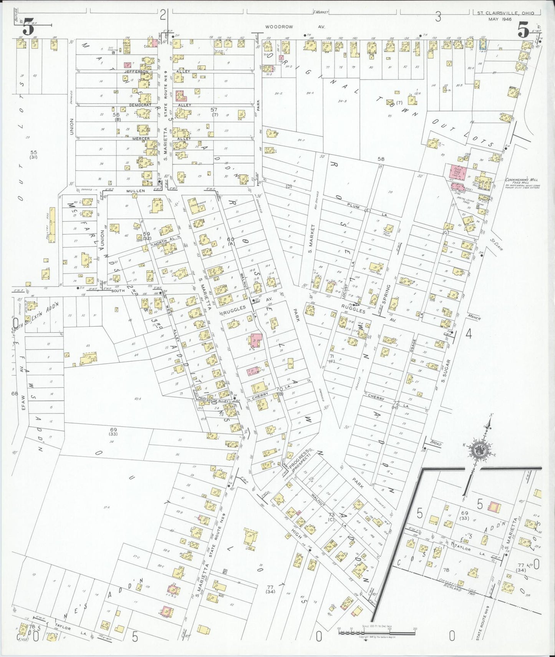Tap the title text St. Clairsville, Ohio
pos(505,13)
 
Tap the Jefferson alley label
pos(136,72)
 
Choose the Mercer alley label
pos(141,138)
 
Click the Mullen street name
pos(136,191)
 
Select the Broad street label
pos(436,443)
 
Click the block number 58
pos(381,159)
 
